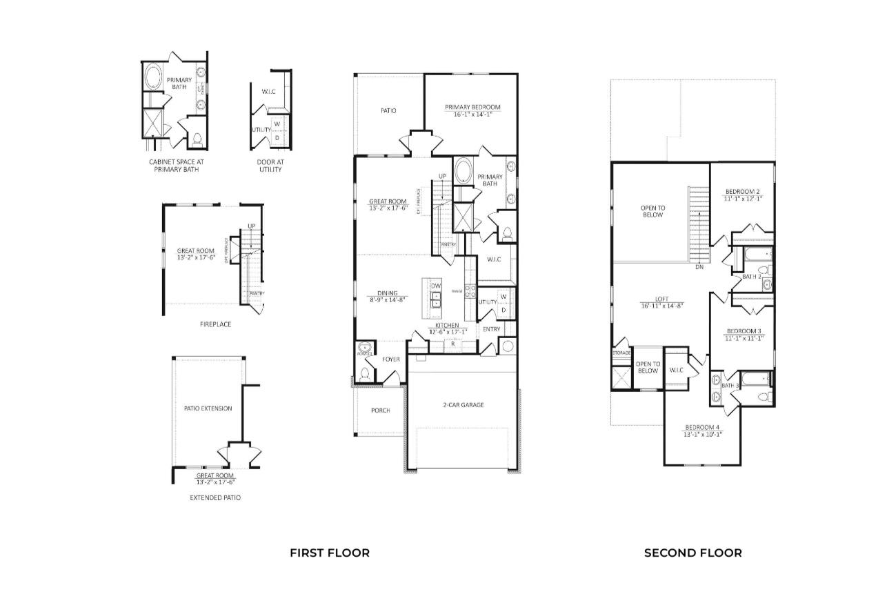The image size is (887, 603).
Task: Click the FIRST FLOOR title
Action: pos(329,553)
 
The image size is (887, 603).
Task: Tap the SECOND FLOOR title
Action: pos(692,553)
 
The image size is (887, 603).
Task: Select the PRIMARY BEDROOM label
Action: pos(472,107)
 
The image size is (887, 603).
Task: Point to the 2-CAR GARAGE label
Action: pos(463,405)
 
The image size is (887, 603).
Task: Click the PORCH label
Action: pos(380,411)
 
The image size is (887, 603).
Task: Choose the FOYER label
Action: pos(391,359)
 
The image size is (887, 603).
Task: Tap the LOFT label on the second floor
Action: pos(661,299)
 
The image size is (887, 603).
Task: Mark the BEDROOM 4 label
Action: pos(702,427)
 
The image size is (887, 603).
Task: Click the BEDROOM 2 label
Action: pos(742,191)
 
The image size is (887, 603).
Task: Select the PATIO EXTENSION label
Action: pos(208,408)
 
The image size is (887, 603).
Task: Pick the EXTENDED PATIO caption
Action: pos(215,497)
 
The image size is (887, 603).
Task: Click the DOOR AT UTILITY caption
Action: pos(270,166)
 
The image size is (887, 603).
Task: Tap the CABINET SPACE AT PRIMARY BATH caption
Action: pos(177,166)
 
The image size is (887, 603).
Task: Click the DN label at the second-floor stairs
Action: pos(699,266)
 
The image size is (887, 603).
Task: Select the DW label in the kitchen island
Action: pos(436,286)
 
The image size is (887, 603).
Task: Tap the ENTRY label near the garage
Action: pos(491,330)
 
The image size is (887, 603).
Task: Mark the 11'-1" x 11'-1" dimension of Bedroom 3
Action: pos(744,338)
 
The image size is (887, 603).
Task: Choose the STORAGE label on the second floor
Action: pos(621,353)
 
